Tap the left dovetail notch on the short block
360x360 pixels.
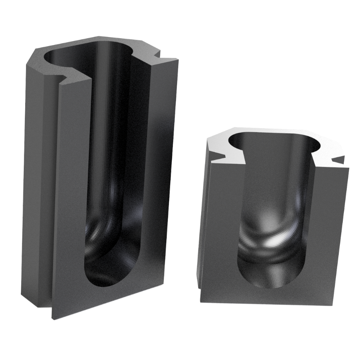click(x=220, y=156)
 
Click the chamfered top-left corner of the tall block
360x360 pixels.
click(x=32, y=56)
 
